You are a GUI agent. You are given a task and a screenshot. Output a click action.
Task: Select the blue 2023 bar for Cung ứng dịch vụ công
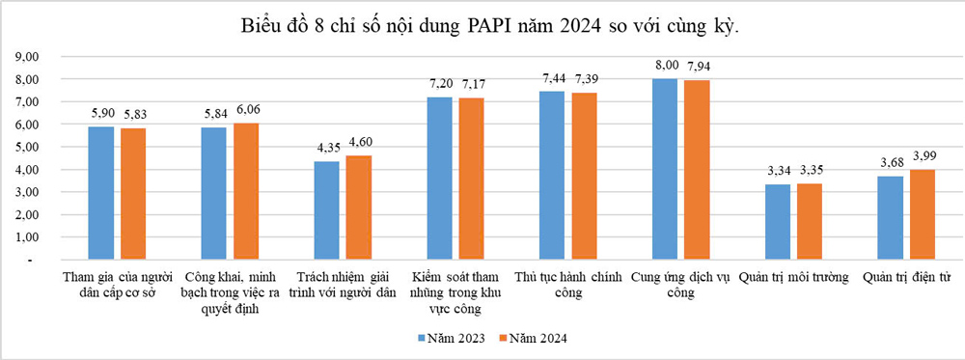click(664, 170)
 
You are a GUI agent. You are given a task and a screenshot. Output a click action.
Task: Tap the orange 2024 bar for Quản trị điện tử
click(923, 215)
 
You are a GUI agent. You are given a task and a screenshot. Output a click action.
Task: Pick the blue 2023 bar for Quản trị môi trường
click(778, 223)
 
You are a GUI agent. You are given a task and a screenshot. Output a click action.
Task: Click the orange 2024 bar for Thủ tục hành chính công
click(584, 177)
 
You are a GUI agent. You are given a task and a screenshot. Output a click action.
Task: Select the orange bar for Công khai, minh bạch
click(246, 191)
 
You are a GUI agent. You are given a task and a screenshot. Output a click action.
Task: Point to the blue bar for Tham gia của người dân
click(101, 193)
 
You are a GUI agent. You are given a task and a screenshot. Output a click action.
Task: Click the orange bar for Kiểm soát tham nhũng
click(472, 180)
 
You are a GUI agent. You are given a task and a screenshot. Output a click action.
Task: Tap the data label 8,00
click(664, 65)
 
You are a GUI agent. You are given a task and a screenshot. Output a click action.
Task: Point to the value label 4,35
click(327, 148)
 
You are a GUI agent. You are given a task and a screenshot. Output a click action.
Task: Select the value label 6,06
click(248, 109)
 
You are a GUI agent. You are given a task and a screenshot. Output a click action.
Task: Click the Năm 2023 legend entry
click(450, 338)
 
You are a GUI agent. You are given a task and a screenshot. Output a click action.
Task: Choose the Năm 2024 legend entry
click(532, 338)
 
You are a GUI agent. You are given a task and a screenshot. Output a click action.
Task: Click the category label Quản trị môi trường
click(794, 277)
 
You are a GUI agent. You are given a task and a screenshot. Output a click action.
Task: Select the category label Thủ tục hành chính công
click(566, 285)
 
